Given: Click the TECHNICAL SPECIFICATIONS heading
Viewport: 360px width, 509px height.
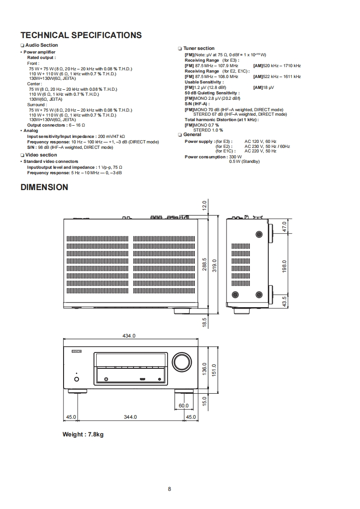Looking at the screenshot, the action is [81, 35].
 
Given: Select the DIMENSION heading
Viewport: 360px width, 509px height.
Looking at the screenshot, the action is [44, 187].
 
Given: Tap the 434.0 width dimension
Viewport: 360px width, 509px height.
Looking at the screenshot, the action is [129, 336].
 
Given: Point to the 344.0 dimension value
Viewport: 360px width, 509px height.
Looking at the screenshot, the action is [130, 417].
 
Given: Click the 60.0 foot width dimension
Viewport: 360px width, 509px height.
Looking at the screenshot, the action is [183, 406].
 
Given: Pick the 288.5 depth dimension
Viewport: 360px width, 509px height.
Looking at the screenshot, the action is [204, 264].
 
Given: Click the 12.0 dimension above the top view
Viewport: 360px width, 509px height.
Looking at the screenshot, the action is [204, 205].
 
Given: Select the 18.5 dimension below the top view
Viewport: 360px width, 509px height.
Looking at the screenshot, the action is [204, 322].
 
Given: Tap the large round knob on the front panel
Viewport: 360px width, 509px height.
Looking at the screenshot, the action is [181, 362].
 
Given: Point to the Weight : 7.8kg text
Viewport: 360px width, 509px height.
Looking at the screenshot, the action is [83, 435].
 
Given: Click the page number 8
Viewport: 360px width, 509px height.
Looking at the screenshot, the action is [169, 489].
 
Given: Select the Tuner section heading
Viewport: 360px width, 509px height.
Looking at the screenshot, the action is [199, 49].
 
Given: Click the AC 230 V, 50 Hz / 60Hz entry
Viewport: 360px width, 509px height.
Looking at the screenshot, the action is [267, 147].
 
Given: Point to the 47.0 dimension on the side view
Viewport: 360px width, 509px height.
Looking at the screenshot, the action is [285, 225].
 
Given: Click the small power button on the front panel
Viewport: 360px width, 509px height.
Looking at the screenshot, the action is [76, 379].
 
